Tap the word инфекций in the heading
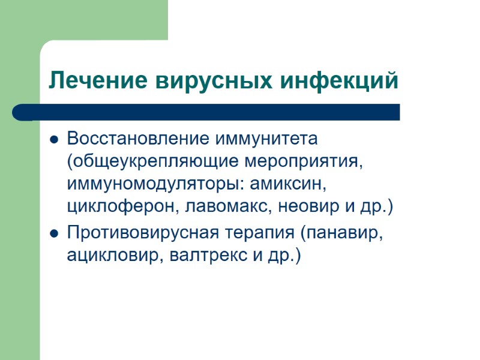338,80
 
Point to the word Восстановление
134,139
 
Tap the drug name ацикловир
115,255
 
